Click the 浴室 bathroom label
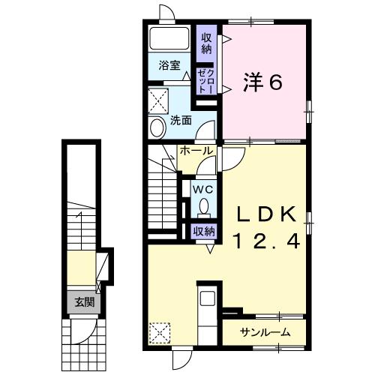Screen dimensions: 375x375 169,65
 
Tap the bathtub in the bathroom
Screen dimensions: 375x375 169,38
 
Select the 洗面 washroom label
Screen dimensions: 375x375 181,121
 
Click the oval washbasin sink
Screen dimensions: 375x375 158,127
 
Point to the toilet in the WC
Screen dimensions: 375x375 204,208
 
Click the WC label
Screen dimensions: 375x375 204,189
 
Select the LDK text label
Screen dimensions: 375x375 266,215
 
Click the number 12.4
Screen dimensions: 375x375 266,241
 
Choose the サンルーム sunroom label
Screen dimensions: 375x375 265,332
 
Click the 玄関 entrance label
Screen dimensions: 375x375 85,302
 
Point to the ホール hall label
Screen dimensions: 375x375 196,151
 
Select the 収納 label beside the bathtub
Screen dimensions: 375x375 206,43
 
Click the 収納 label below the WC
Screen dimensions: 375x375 205,232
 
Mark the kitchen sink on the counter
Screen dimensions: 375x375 208,298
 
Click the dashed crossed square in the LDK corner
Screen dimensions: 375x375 160,333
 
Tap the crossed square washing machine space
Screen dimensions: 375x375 158,101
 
